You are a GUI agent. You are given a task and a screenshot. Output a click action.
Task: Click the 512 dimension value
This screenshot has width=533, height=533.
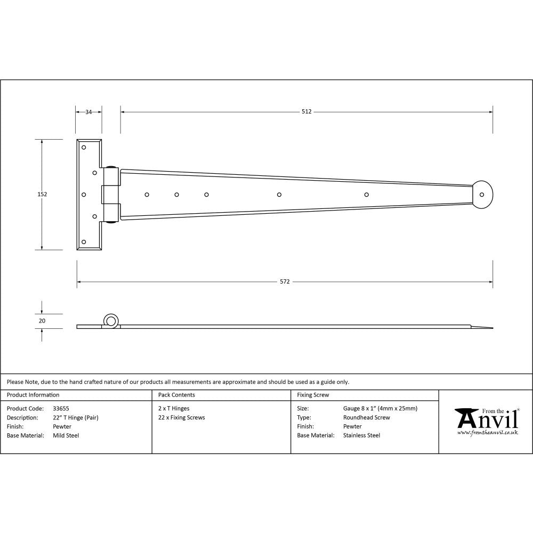pyautogui.click(x=306, y=112)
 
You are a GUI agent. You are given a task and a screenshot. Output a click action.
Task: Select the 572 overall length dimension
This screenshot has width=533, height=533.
pyautogui.click(x=285, y=281)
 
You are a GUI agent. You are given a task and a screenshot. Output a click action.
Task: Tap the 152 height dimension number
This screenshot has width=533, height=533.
pyautogui.click(x=42, y=195)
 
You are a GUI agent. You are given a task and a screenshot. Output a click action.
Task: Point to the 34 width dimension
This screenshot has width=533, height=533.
pyautogui.click(x=88, y=112)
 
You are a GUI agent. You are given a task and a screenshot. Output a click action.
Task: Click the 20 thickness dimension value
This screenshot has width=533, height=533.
pyautogui.click(x=42, y=321)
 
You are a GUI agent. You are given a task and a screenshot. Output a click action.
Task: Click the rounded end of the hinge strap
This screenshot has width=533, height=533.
pyautogui.click(x=484, y=193)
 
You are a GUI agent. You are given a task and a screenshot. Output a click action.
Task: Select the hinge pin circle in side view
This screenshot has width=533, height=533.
pyautogui.click(x=111, y=320)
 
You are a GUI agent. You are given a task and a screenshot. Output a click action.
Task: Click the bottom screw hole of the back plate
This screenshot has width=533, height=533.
pyautogui.click(x=84, y=242)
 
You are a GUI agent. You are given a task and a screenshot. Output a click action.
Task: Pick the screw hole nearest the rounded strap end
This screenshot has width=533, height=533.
pyautogui.click(x=366, y=194)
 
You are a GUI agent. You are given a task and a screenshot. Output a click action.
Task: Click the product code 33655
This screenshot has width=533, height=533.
pyautogui.click(x=61, y=409)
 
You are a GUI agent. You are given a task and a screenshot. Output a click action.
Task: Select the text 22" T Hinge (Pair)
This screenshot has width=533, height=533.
pyautogui.click(x=76, y=418)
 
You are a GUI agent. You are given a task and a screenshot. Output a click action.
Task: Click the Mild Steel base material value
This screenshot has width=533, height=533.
pyautogui.click(x=66, y=435)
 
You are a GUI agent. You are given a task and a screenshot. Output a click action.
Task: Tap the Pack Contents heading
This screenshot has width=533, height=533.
pyautogui.click(x=176, y=395)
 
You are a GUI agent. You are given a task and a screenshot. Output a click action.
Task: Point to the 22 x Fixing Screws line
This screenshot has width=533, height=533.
pyautogui.click(x=182, y=418)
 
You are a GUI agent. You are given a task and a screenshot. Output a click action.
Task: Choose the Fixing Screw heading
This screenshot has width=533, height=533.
pyautogui.click(x=313, y=395)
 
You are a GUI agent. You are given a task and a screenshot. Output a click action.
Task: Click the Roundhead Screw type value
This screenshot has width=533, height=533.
pyautogui.click(x=367, y=418)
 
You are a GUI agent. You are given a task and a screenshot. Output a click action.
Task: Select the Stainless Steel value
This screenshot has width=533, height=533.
pyautogui.click(x=362, y=435)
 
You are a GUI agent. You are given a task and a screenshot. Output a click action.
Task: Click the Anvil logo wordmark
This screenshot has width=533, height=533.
pyautogui.click(x=487, y=420)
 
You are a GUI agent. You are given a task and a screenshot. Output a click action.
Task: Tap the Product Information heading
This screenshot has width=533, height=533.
pyautogui.click(x=33, y=395)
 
